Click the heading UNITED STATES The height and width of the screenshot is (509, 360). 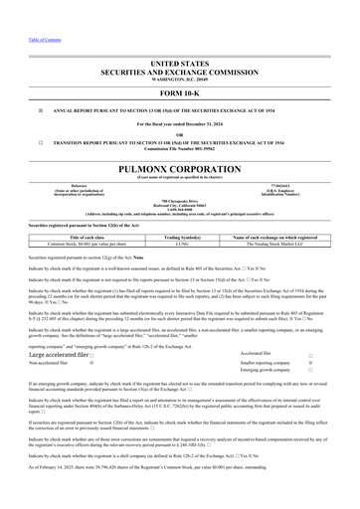point(180,63)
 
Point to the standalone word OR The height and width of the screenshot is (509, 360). point(180,133)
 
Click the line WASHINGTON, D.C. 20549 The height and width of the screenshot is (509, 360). point(180,79)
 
